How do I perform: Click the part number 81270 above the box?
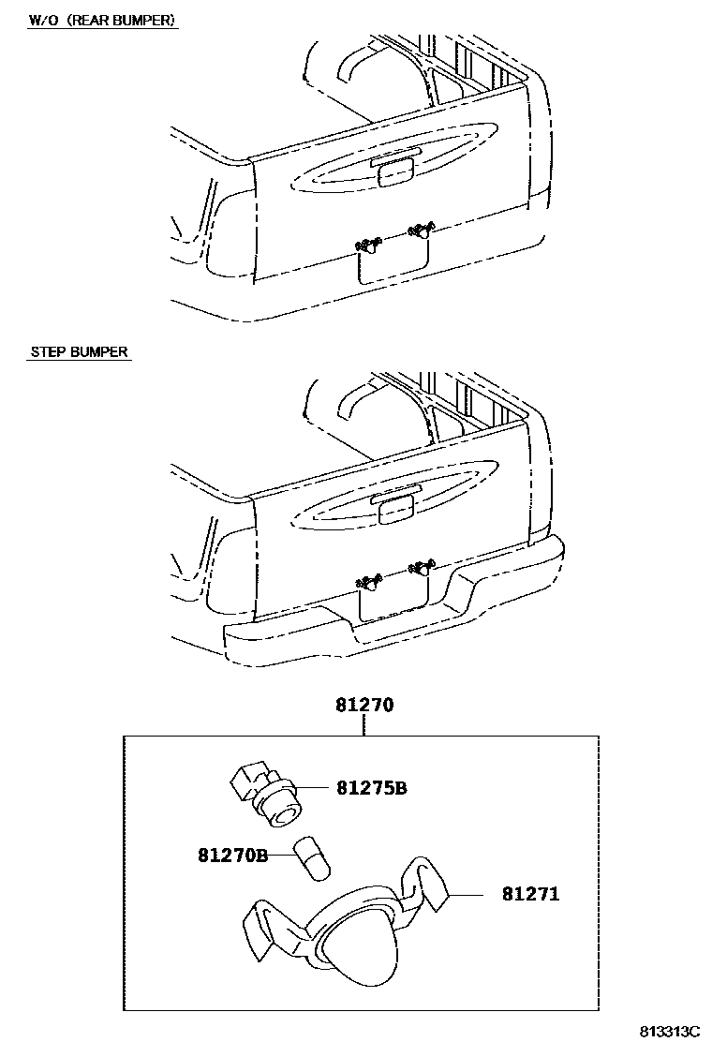tap(364, 705)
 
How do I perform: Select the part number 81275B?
tap(371, 788)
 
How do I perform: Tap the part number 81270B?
tap(232, 855)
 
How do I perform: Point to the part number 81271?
tap(530, 894)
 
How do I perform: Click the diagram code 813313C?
tap(670, 1031)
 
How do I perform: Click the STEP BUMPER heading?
tap(80, 352)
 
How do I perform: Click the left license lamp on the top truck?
tap(368, 246)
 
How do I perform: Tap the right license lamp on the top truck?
tap(421, 228)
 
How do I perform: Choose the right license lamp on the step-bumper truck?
tap(421, 565)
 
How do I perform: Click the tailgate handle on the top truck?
tap(393, 171)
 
